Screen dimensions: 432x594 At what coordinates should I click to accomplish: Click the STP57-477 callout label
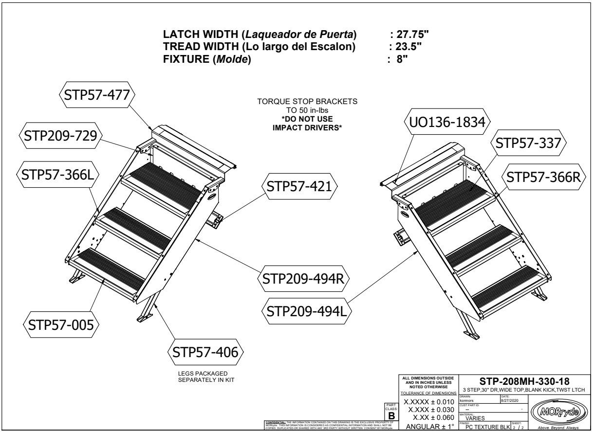[95, 95]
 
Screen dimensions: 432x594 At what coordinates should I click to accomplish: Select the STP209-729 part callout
[60, 136]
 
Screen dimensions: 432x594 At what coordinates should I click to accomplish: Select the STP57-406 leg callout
[205, 352]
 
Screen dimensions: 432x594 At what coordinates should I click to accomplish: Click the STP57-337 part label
[527, 144]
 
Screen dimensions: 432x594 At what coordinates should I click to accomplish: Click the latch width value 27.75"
[411, 36]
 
